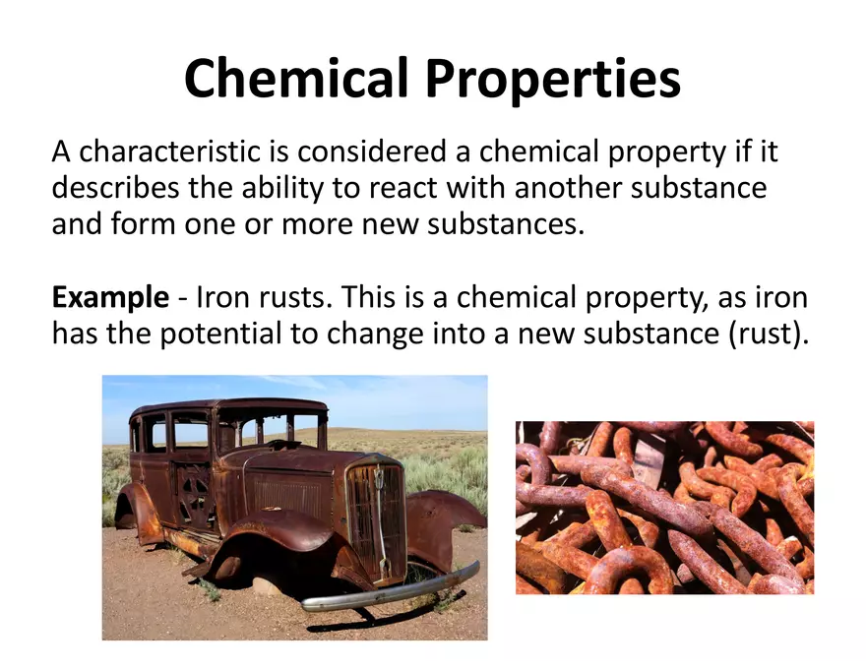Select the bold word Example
tap(110, 297)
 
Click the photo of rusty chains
tap(664, 507)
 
